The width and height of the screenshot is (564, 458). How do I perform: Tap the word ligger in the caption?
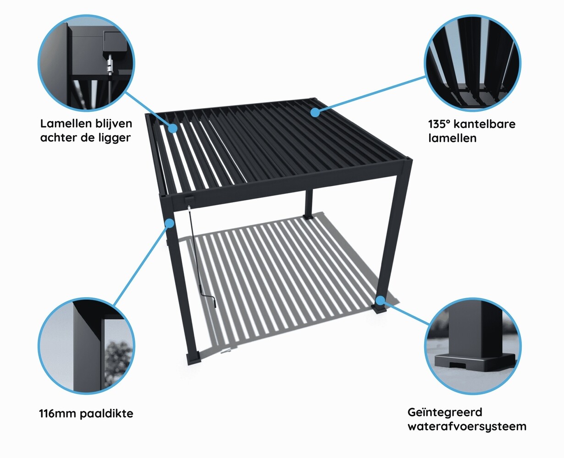click(x=116, y=138)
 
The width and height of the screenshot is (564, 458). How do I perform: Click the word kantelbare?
click(x=487, y=124)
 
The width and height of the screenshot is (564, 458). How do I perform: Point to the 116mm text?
click(x=58, y=414)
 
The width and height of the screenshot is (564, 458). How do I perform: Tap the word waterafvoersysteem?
click(x=467, y=427)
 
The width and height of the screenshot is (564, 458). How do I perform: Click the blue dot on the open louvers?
click(x=172, y=128)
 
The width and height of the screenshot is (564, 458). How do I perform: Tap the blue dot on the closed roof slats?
click(x=315, y=112)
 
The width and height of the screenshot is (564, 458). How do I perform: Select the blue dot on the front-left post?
click(x=170, y=224)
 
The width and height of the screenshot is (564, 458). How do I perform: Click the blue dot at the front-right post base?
click(x=380, y=300)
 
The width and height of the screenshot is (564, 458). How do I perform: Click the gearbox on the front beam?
click(x=189, y=200)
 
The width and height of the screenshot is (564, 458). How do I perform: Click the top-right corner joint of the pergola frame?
click(x=408, y=161)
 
